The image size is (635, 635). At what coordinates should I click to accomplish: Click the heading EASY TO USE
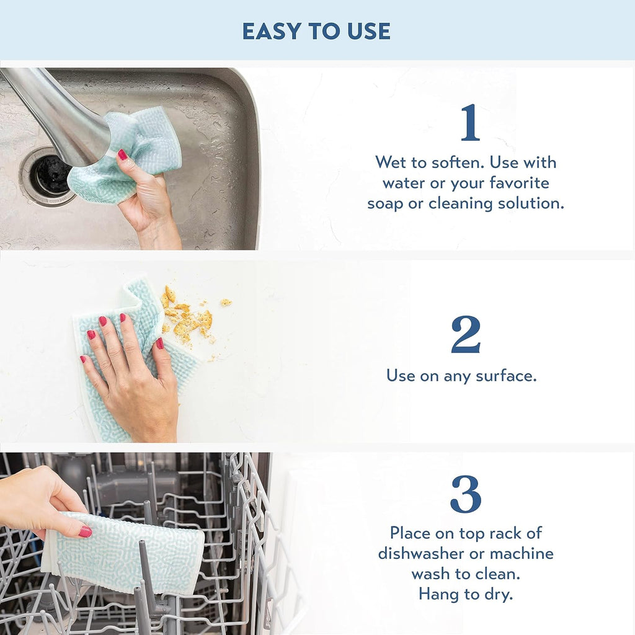pos(316,31)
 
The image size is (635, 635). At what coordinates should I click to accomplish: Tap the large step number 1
pos(469,122)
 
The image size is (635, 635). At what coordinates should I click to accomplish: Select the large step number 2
pos(466,335)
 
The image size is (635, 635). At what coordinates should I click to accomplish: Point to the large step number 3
pos(466,494)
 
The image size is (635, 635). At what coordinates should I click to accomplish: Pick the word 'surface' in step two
pos(504,376)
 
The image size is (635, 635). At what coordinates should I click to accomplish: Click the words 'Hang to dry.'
pos(466,593)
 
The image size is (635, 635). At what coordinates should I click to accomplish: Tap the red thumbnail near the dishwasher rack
pos(85,531)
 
